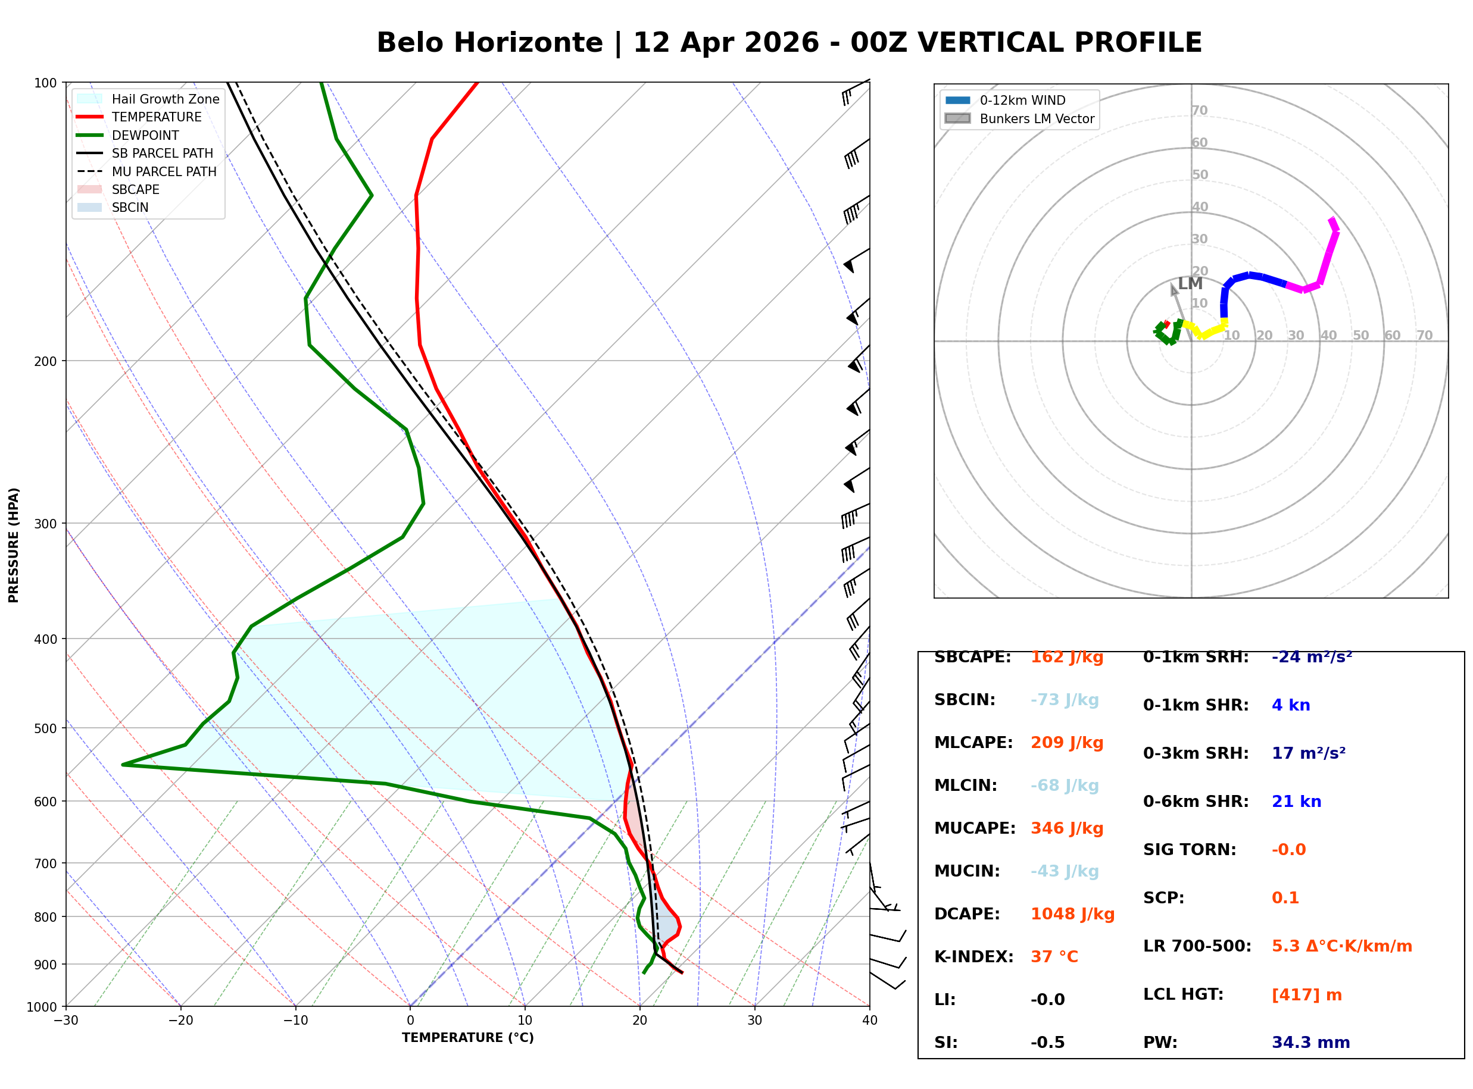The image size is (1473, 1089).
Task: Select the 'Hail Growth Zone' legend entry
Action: (x=165, y=99)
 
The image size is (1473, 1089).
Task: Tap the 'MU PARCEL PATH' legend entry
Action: (x=164, y=171)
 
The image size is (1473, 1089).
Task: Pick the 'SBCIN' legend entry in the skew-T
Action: (x=130, y=208)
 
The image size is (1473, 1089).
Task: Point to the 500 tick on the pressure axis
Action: (x=45, y=728)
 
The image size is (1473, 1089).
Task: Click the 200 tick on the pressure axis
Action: (x=45, y=361)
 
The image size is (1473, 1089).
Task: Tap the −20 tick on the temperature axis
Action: (x=180, y=1021)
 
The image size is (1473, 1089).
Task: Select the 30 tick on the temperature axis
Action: (x=754, y=1021)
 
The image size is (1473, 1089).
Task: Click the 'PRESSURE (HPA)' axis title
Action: (x=14, y=545)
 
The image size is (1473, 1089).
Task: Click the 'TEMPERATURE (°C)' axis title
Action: (x=467, y=1038)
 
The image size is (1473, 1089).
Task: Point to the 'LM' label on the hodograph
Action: (x=1190, y=283)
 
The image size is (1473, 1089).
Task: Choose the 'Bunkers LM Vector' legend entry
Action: (x=1036, y=118)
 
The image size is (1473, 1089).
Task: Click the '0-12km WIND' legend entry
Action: (x=1022, y=100)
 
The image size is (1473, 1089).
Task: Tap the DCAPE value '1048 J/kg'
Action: (x=1072, y=913)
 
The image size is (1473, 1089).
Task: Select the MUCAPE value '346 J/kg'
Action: (x=1067, y=828)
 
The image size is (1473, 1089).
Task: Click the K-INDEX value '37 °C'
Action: (x=1054, y=956)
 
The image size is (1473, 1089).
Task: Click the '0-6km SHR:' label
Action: (x=1196, y=802)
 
